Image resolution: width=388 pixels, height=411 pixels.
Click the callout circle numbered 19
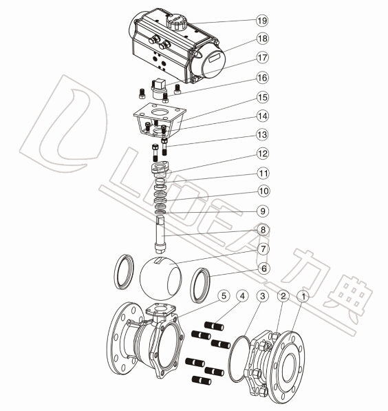(262, 20)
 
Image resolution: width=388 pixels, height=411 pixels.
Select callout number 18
(263, 39)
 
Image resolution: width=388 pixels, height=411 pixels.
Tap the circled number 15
(263, 97)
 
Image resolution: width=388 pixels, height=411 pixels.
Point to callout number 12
(263, 154)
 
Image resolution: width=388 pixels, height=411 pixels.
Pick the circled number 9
(263, 211)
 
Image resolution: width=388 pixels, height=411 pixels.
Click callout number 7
(263, 249)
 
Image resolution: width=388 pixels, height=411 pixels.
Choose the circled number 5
(224, 296)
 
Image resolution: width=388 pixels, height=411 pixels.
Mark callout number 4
(242, 296)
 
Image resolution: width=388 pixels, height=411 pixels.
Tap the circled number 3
(263, 296)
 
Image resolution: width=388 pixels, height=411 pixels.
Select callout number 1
(303, 297)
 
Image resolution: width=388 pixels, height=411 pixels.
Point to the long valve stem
(160, 234)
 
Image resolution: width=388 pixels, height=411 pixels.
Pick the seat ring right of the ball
(200, 285)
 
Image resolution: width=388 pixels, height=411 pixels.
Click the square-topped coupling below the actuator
(158, 89)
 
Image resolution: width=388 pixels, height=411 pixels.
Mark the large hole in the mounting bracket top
(160, 113)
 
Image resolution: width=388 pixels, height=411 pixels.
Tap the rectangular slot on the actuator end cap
(215, 58)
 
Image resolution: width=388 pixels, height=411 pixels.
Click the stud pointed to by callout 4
(215, 326)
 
